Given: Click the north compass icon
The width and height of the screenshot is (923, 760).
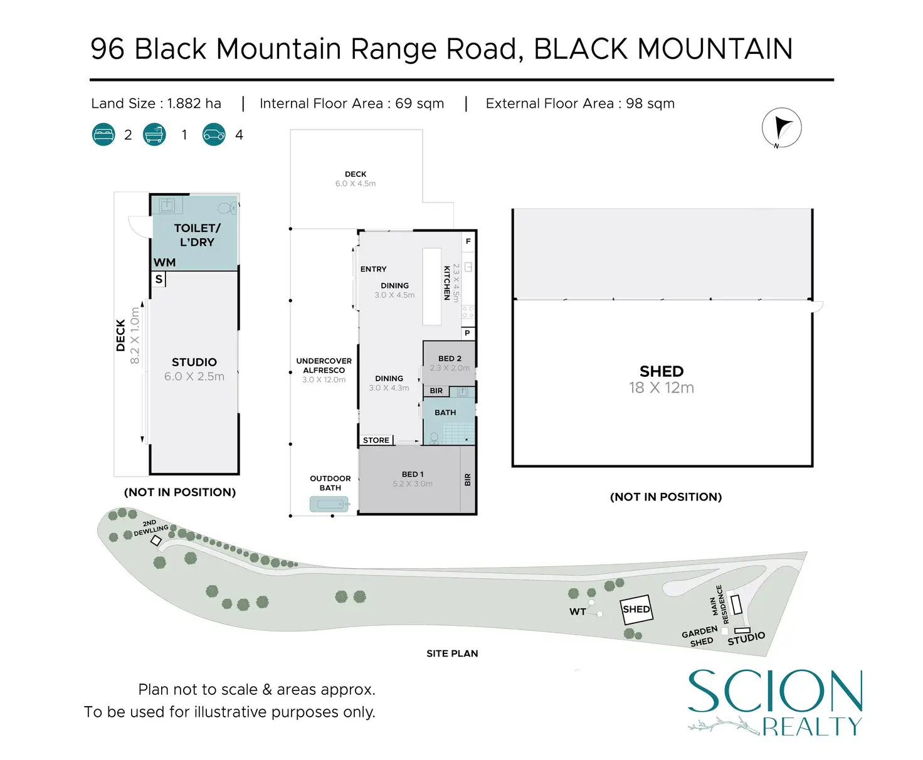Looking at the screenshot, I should click(x=781, y=128).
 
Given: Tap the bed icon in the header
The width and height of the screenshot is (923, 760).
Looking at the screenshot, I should click(x=103, y=135).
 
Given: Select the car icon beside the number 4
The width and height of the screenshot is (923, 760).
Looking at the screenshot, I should click(x=214, y=135).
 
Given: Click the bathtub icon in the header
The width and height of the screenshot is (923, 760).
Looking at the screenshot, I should click(x=154, y=135).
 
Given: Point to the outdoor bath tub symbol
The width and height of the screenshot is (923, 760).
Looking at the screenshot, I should click(x=329, y=504).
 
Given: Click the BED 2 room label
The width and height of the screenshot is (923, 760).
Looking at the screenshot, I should click(x=450, y=359).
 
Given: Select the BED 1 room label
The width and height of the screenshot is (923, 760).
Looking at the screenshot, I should click(x=413, y=475).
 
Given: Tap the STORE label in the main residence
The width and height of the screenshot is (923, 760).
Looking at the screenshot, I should click(x=376, y=440).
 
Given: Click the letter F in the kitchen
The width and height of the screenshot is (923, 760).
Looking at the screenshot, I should click(x=468, y=241).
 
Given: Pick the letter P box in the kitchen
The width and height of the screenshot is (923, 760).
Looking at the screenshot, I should click(x=468, y=333).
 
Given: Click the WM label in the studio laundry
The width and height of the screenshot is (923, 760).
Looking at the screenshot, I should click(x=164, y=262).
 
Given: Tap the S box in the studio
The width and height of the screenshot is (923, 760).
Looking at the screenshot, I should click(x=159, y=279).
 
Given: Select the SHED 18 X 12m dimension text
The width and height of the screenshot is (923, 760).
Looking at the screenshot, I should click(x=662, y=388).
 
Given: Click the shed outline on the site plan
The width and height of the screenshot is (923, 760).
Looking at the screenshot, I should click(x=636, y=609).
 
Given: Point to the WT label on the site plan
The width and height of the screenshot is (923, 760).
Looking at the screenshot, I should click(x=578, y=611).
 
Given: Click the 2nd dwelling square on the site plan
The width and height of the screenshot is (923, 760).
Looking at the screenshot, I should click(x=156, y=541).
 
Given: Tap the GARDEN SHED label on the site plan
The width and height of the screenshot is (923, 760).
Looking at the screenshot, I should click(x=700, y=636).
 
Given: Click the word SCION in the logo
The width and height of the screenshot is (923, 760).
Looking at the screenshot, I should click(x=775, y=691).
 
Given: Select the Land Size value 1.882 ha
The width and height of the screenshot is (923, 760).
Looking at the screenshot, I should click(x=194, y=103).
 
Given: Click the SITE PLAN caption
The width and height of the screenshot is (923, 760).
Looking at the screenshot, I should click(x=452, y=653).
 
